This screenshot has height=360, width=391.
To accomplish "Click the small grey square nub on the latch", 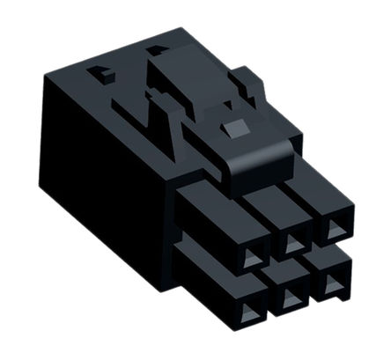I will point(232,129).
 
